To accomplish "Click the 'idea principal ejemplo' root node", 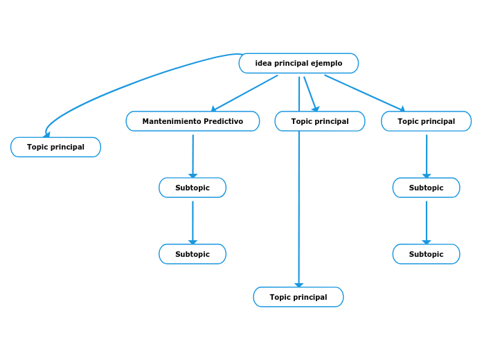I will tap(298, 63).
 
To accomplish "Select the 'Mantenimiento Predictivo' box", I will tap(193, 121).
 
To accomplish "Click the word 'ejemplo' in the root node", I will tap(326, 63).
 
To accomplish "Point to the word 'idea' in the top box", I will tap(263, 63).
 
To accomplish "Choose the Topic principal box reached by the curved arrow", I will tap(55, 147).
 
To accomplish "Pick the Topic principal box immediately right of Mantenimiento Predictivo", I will tap(319, 121).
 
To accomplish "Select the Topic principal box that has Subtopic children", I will tap(426, 121).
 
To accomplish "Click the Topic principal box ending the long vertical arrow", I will tap(298, 297).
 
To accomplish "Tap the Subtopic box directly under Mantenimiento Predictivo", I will tap(192, 188).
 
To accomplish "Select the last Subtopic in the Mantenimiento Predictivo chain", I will tap(192, 254).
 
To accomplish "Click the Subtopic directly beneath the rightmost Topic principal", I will tap(426, 188).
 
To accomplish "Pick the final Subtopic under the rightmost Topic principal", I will tap(426, 254).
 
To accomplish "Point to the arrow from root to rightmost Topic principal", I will tap(364, 93).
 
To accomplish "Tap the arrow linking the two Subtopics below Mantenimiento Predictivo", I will tap(193, 222).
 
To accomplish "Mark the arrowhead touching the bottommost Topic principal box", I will tap(298, 284).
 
